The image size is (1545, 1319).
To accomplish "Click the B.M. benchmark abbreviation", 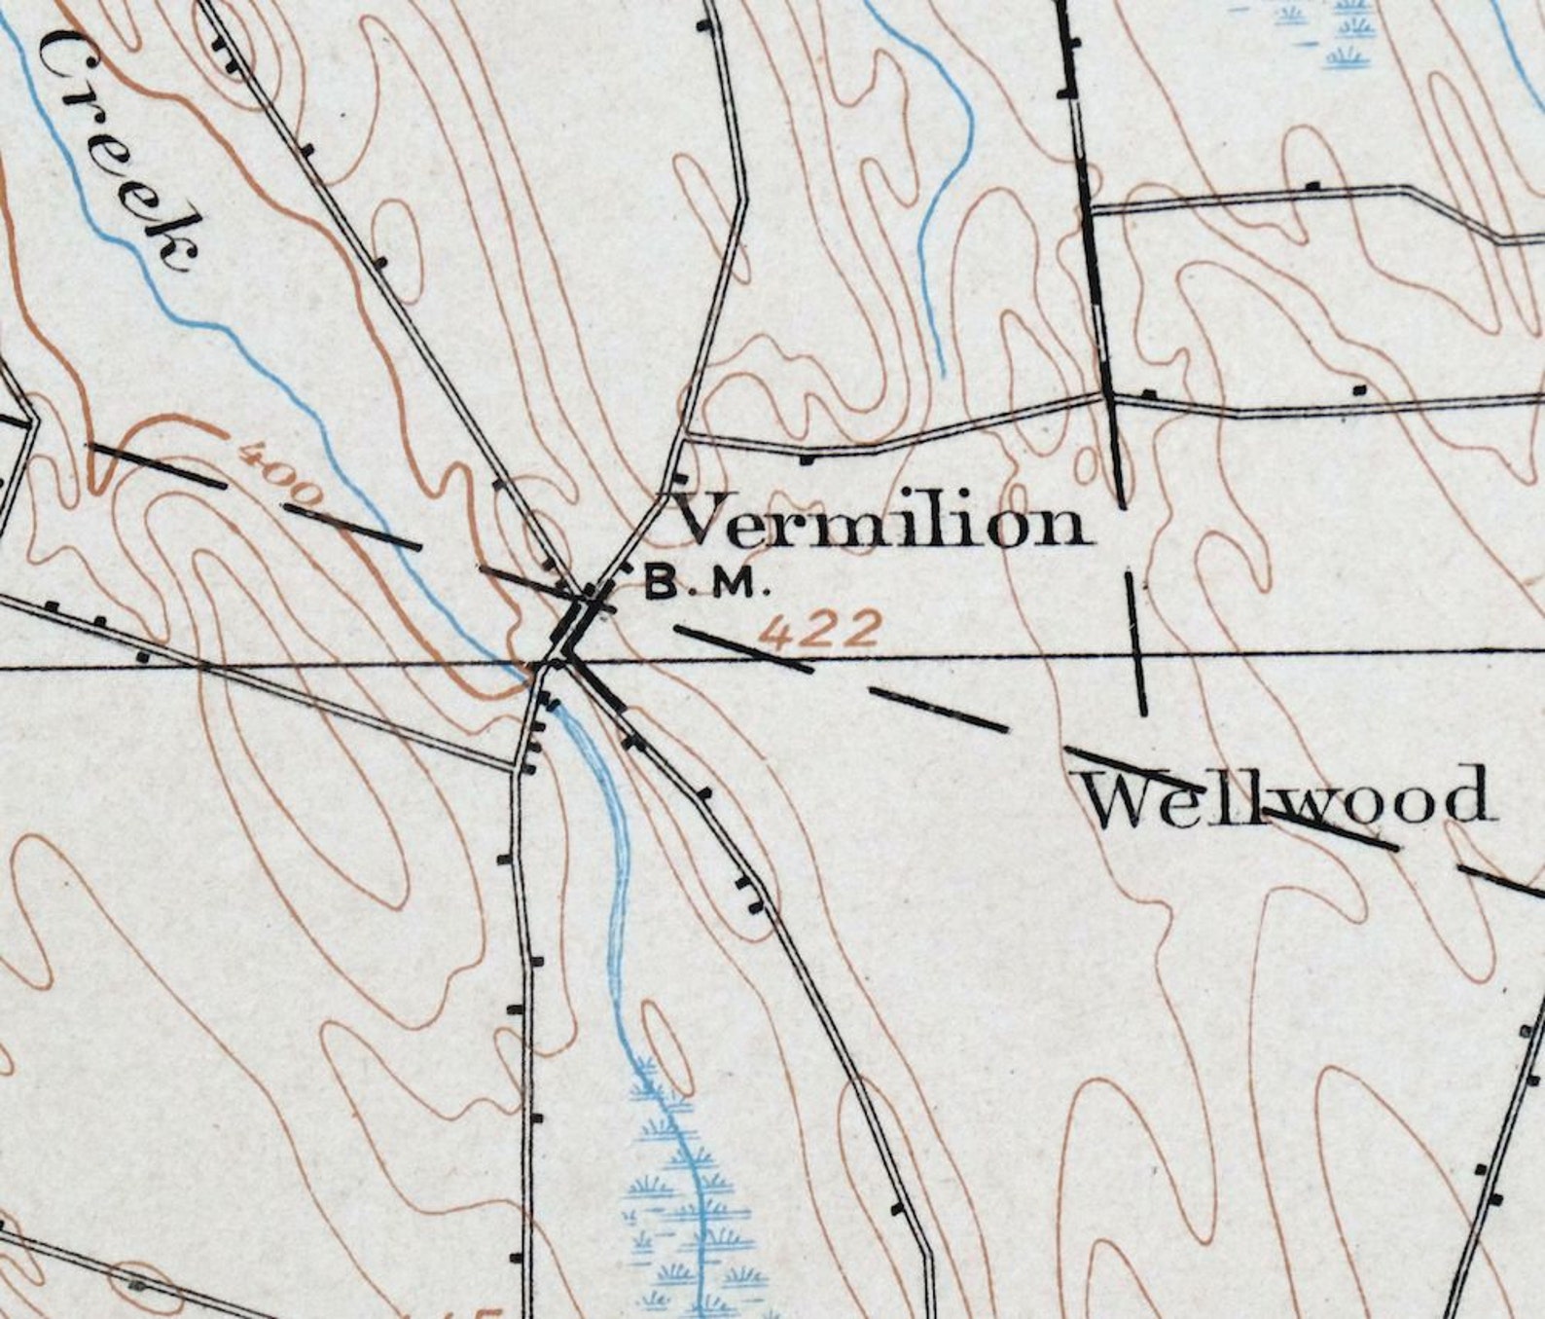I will (x=707, y=584).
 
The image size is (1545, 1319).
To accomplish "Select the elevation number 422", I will (x=820, y=631).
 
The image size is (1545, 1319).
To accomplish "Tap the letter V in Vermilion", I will (x=710, y=520).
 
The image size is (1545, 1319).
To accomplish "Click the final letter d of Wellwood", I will (x=1465, y=793).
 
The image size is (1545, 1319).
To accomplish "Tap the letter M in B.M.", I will (x=737, y=585).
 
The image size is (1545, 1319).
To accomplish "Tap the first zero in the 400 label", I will (x=282, y=477).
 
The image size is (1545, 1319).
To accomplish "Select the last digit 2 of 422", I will (x=862, y=628).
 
